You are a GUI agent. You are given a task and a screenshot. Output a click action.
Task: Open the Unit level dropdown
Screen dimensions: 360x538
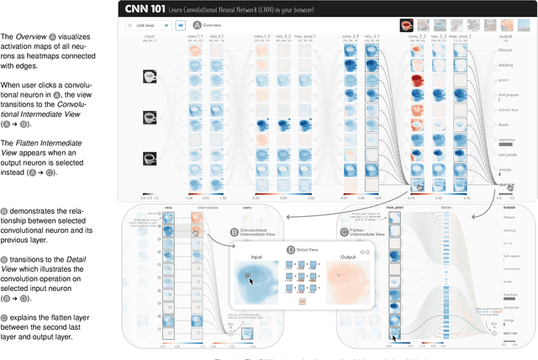coord(147,26)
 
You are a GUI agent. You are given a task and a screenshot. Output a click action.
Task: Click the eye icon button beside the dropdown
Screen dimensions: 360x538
coord(180,26)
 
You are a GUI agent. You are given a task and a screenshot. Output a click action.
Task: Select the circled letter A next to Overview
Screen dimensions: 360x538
coord(198,25)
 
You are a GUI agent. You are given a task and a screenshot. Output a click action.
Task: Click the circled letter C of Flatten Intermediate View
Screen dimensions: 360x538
coord(344,230)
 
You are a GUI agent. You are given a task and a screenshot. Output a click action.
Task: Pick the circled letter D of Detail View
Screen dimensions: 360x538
coord(291,249)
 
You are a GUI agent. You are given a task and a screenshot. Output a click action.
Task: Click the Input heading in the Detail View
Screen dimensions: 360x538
coord(251,258)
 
